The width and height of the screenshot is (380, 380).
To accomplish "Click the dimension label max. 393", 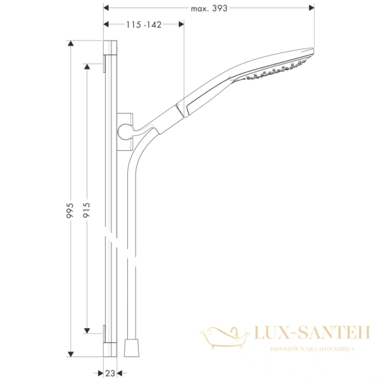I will click(208, 8).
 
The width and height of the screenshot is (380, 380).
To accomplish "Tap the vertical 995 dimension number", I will click(70, 211).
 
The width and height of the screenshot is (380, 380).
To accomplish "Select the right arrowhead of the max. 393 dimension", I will click(312, 8).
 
